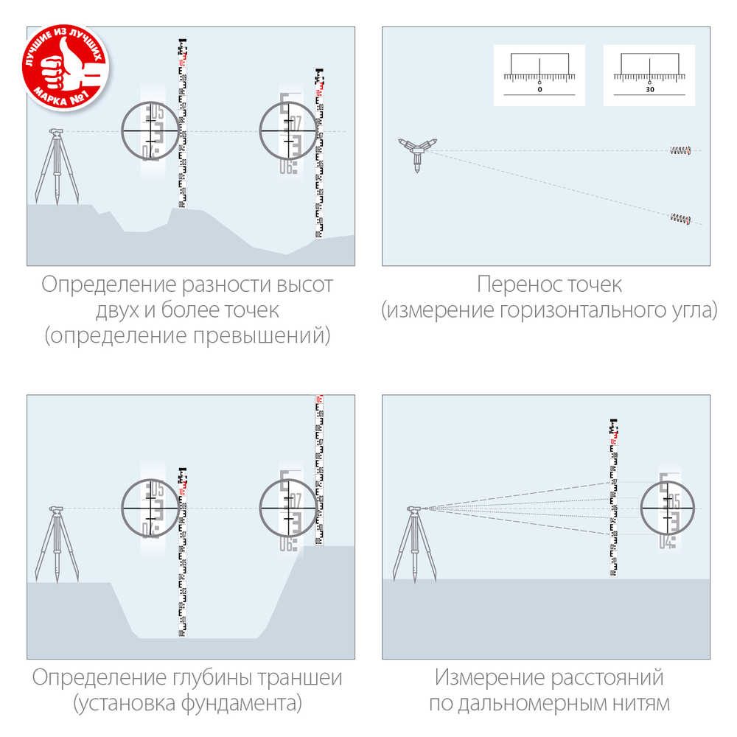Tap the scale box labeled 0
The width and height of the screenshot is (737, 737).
click(539, 75)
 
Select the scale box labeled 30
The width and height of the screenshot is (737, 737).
click(649, 75)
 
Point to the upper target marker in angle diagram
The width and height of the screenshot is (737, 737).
click(680, 151)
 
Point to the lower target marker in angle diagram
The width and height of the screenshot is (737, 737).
click(680, 218)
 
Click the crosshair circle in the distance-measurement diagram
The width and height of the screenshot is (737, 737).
click(668, 509)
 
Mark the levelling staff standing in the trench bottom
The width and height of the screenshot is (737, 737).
click(182, 553)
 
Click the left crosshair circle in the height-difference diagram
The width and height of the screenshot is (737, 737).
click(150, 130)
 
